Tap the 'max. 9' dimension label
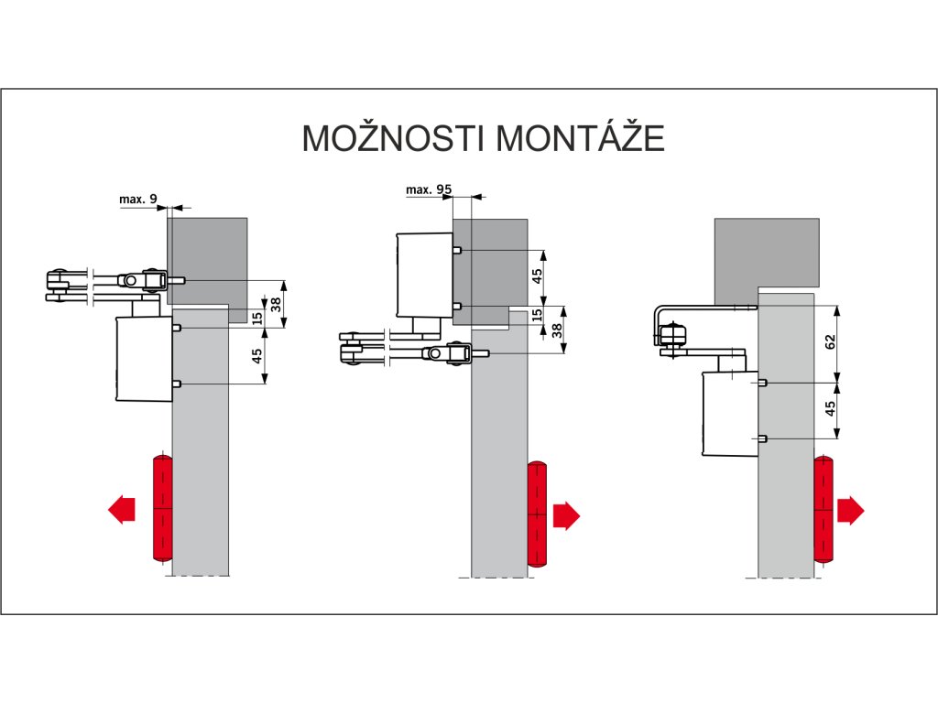[138, 198]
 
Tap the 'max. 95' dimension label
[430, 189]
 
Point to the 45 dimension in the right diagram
[830, 409]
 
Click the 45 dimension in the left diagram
[257, 354]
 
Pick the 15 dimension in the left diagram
[257, 318]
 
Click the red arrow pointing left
[121, 508]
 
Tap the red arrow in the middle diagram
[566, 515]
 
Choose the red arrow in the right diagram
[851, 510]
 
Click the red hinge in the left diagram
[161, 508]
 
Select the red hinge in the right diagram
[823, 509]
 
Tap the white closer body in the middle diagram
[424, 275]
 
